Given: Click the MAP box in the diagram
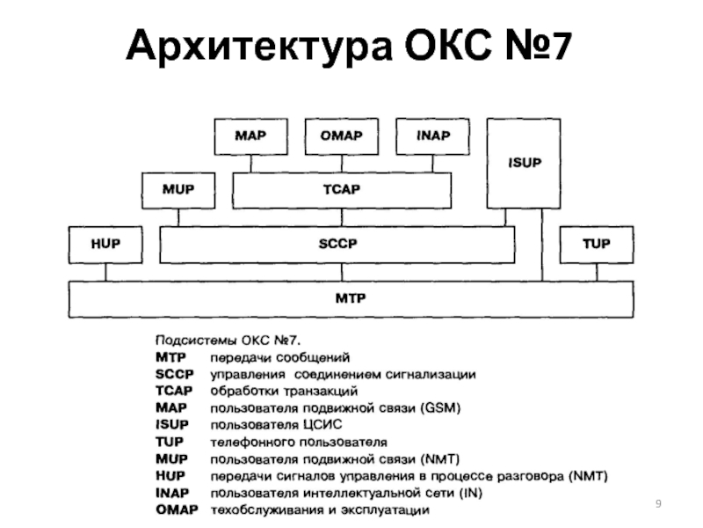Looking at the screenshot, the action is [x=251, y=136].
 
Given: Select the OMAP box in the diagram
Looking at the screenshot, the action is [x=341, y=136].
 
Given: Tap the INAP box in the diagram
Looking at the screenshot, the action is [x=432, y=136].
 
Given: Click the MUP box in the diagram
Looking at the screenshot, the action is [x=178, y=190].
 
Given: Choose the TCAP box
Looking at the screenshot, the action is [x=342, y=190].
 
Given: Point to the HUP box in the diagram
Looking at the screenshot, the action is [x=105, y=244].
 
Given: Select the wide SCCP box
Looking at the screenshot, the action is [x=337, y=244].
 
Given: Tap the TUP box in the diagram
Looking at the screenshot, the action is [x=596, y=244].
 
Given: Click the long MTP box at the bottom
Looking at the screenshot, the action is [x=351, y=298].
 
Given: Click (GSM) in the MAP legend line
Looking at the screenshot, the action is [x=439, y=407].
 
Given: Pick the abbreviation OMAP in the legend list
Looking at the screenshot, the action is [x=177, y=510].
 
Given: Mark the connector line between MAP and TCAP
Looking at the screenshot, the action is [x=251, y=163].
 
